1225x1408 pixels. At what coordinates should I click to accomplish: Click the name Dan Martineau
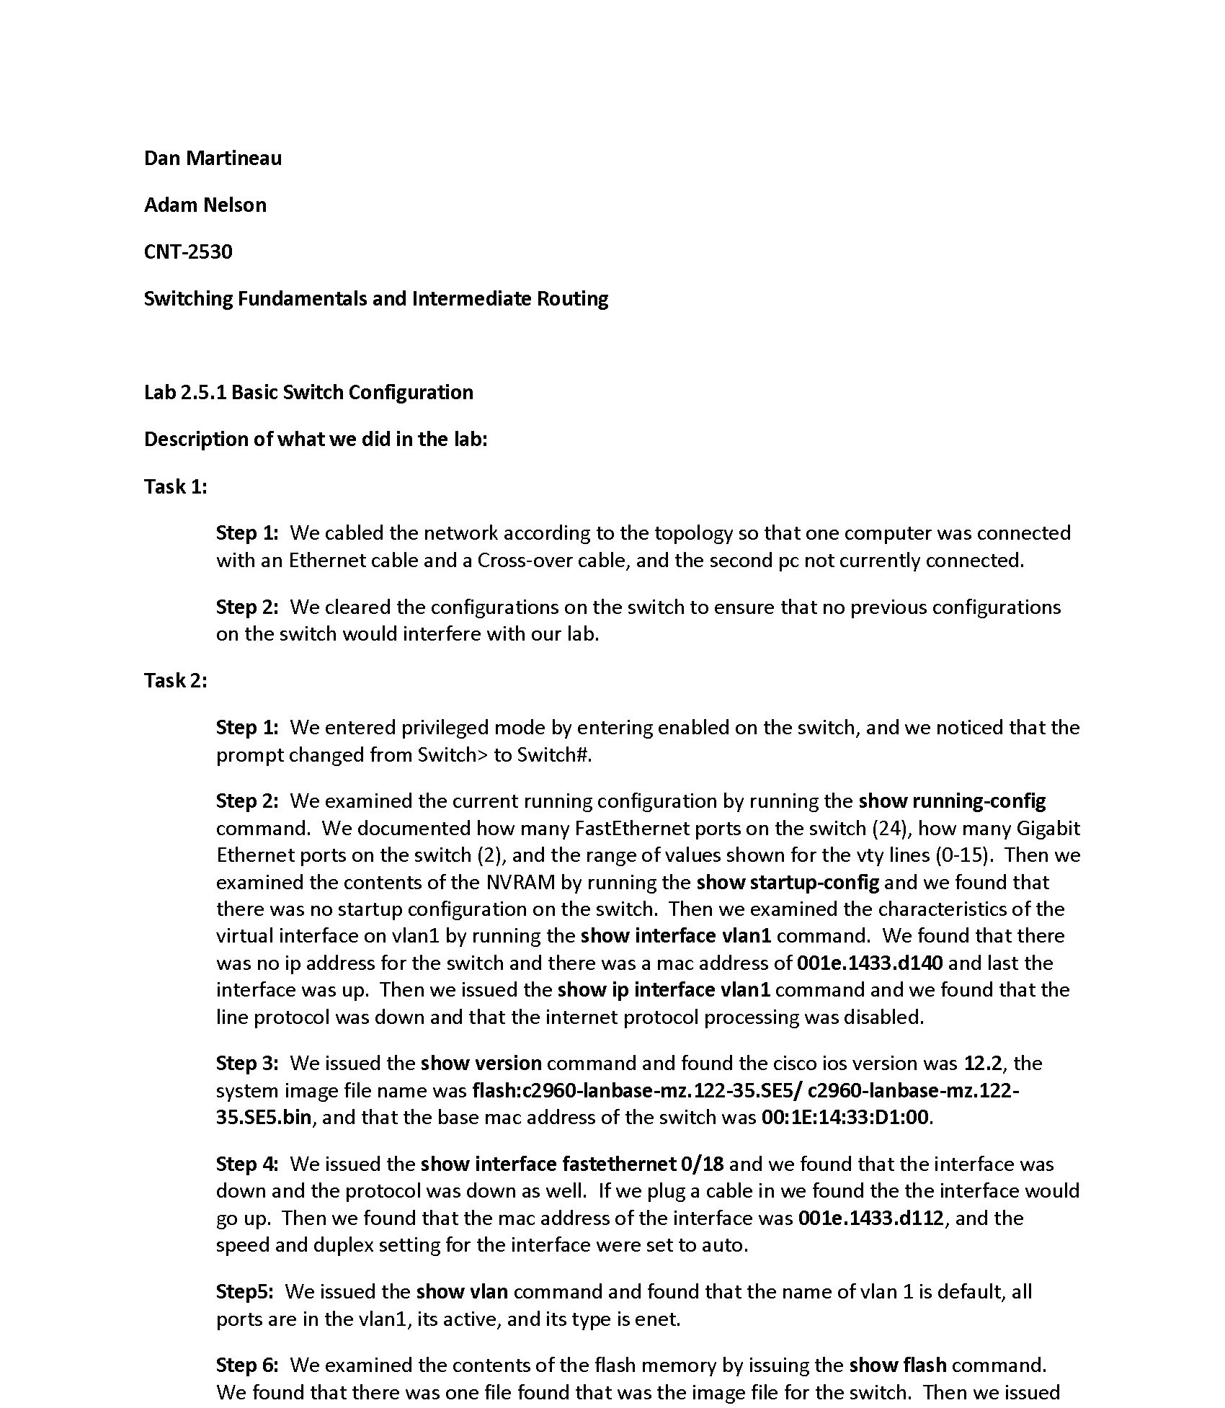coord(213,158)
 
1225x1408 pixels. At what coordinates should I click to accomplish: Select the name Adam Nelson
coord(205,205)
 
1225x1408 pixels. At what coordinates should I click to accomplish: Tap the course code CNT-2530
coord(188,251)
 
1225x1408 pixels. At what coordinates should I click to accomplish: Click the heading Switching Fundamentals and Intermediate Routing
coord(375,298)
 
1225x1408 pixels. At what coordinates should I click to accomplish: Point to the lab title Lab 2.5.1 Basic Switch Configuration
coord(308,392)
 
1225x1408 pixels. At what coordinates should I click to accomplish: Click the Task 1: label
coord(175,486)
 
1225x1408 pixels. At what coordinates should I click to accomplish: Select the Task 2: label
coord(175,680)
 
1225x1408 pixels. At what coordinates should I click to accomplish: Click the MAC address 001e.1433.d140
coord(870,963)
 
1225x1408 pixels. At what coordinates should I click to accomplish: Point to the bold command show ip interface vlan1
coord(664,989)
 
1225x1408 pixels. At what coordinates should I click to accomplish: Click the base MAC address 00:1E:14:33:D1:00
coord(845,1117)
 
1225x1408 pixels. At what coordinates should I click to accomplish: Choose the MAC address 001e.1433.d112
coord(870,1218)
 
